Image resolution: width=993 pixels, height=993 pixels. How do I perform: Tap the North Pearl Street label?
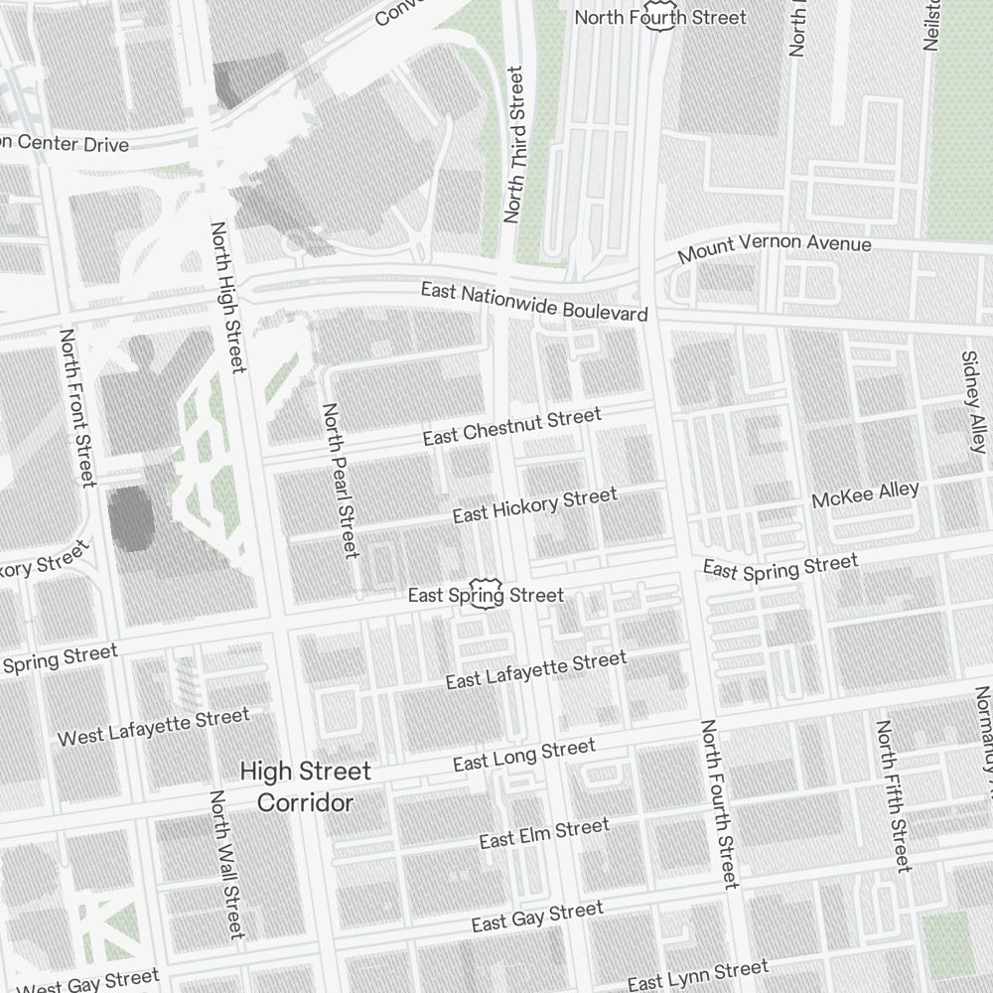pos(340,481)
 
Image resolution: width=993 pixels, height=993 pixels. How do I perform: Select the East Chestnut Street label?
pos(511,427)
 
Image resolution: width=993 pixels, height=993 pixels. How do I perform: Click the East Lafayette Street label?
pos(535,670)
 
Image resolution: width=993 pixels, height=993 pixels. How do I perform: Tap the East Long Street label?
pos(523,755)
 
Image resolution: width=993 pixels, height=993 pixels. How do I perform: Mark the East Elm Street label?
pos(543,834)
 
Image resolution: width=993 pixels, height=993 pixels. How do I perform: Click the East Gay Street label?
pos(536,918)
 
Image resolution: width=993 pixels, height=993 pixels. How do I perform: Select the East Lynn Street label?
pos(697,975)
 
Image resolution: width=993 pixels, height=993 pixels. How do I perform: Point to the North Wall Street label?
pos(225,864)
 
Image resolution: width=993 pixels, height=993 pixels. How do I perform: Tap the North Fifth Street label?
pos(892,796)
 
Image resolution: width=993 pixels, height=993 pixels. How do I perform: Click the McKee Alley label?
pos(865,495)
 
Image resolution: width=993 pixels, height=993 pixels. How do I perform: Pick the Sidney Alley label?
pos(973,401)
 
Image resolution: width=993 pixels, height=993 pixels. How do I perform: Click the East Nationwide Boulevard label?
pos(533,301)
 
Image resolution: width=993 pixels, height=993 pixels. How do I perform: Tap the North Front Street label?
pos(77,408)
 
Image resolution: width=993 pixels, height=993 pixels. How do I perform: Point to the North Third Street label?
pos(513,144)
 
